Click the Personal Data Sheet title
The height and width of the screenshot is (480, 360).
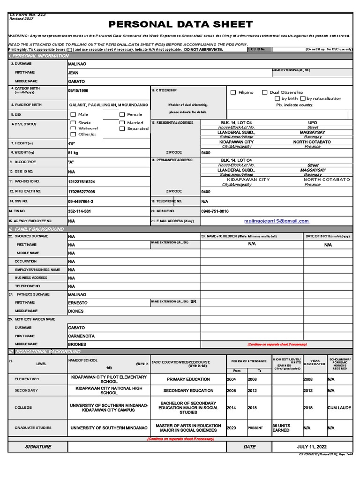180,24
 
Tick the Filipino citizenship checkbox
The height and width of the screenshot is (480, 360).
233,93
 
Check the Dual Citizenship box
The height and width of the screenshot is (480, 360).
265,93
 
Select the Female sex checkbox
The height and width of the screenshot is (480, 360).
122,114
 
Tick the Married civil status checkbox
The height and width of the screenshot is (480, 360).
122,123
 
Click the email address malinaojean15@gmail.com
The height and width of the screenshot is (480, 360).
277,221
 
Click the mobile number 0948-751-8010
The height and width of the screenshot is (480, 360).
215,211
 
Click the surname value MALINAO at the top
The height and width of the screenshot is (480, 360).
77,63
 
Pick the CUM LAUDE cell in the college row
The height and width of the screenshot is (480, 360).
339,408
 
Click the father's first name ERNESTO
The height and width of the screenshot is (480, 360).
78,303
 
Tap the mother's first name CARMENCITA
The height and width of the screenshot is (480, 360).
81,336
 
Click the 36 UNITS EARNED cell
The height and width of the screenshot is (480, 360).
281,428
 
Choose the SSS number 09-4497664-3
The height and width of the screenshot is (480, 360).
81,202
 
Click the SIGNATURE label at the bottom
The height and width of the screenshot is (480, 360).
38,447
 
